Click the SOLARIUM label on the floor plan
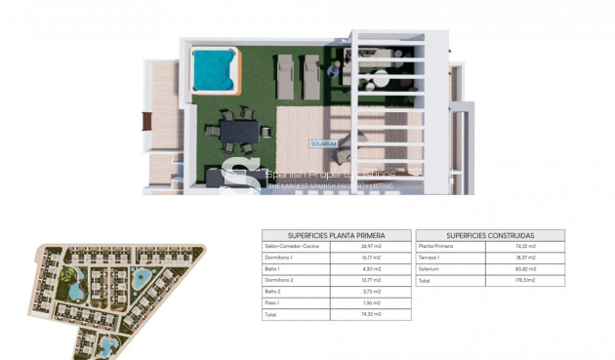(x=324, y=142)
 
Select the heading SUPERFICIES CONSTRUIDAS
(x=490, y=235)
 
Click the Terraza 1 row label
(x=430, y=259)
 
